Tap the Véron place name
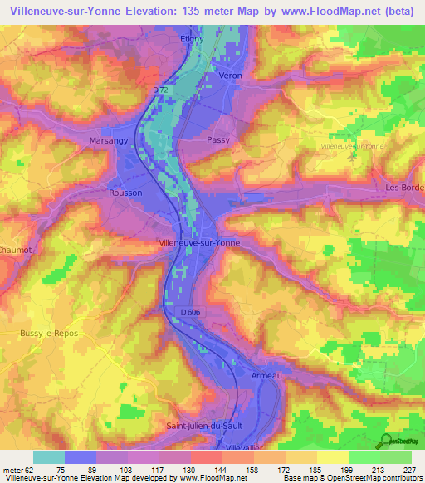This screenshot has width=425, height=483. pos(228,76)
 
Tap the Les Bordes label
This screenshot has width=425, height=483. pos(405,187)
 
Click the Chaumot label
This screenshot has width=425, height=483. pos(14,246)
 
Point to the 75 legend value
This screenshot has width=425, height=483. pos(61,469)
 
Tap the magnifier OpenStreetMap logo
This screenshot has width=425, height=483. pos(386,442)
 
